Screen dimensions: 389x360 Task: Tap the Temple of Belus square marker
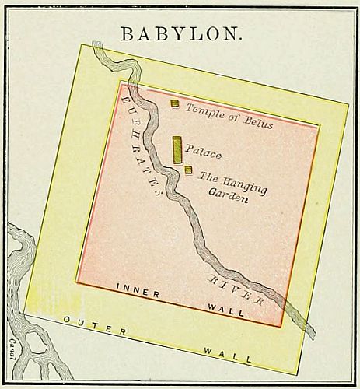175,103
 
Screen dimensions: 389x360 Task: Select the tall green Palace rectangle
177,149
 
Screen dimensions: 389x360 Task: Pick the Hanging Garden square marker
188,170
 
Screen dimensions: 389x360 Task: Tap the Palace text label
204,154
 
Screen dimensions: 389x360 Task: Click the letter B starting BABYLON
125,33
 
